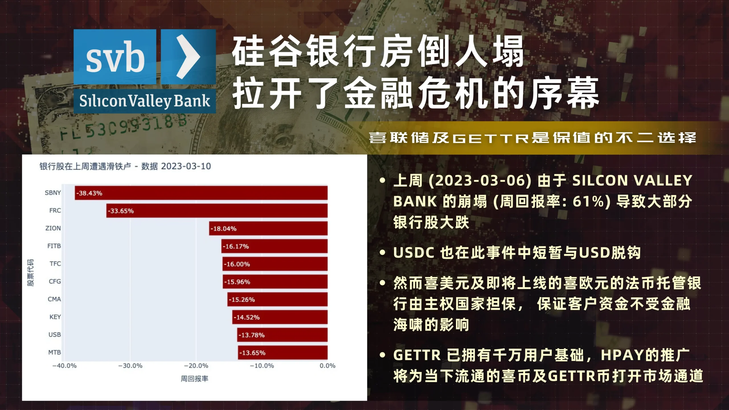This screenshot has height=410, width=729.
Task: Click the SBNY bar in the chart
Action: pyautogui.click(x=201, y=193)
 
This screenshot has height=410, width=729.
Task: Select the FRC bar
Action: pyautogui.click(x=217, y=211)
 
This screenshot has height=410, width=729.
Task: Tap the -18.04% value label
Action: pyautogui.click(x=224, y=229)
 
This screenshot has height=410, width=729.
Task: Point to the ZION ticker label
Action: pyautogui.click(x=53, y=228)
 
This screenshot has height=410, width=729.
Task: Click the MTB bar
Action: pyautogui.click(x=283, y=353)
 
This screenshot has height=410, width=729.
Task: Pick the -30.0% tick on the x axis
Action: pyautogui.click(x=130, y=366)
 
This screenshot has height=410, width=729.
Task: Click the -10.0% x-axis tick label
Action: pyautogui.click(x=262, y=366)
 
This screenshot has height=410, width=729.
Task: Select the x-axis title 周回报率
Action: pyautogui.click(x=194, y=378)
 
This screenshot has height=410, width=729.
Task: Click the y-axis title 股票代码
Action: pyautogui.click(x=30, y=272)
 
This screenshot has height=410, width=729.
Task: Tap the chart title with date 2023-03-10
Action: pyautogui.click(x=125, y=166)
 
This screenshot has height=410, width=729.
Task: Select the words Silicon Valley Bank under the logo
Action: pyautogui.click(x=145, y=101)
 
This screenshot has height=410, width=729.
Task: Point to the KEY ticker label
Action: pyautogui.click(x=55, y=317)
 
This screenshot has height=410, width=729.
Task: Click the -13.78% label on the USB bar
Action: pyautogui.click(x=252, y=335)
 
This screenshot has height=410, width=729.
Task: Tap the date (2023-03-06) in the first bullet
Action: pyautogui.click(x=480, y=181)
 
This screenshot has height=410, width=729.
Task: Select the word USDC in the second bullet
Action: pyautogui.click(x=414, y=253)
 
